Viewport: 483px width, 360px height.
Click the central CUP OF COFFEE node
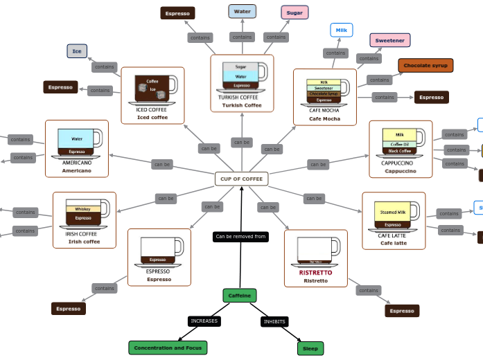(x=241, y=179)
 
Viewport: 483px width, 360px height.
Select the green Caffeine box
(x=240, y=296)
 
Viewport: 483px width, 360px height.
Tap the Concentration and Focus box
(x=168, y=348)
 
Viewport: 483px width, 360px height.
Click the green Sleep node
(x=310, y=348)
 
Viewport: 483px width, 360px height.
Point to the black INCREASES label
(x=204, y=321)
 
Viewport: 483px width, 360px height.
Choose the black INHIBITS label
(x=274, y=321)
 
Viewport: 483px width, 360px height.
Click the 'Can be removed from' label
(x=240, y=237)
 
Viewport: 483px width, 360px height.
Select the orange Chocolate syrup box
(x=425, y=66)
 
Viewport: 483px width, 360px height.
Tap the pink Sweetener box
(x=389, y=40)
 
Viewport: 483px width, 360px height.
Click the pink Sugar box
(x=295, y=12)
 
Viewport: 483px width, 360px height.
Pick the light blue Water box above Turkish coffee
(x=242, y=11)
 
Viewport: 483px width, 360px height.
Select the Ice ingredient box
(x=77, y=51)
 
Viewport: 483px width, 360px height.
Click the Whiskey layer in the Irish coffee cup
(x=82, y=208)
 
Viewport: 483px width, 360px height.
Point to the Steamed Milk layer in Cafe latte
(x=393, y=212)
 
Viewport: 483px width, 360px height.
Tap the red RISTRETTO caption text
(x=315, y=273)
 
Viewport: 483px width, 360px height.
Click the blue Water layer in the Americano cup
(x=76, y=138)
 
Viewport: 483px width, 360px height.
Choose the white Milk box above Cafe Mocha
(x=342, y=30)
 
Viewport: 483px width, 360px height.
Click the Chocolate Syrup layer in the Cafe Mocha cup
(x=323, y=93)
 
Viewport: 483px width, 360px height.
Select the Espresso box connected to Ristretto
(x=402, y=311)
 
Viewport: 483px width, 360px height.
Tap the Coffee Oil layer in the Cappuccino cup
(x=399, y=144)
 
